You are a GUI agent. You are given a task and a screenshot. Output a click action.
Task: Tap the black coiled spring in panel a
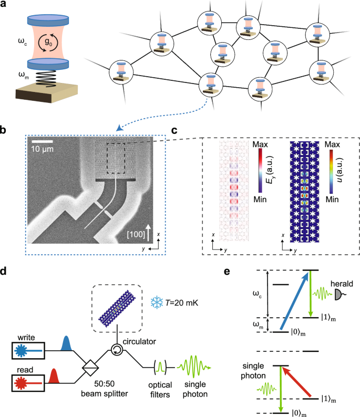(x=43, y=77)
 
